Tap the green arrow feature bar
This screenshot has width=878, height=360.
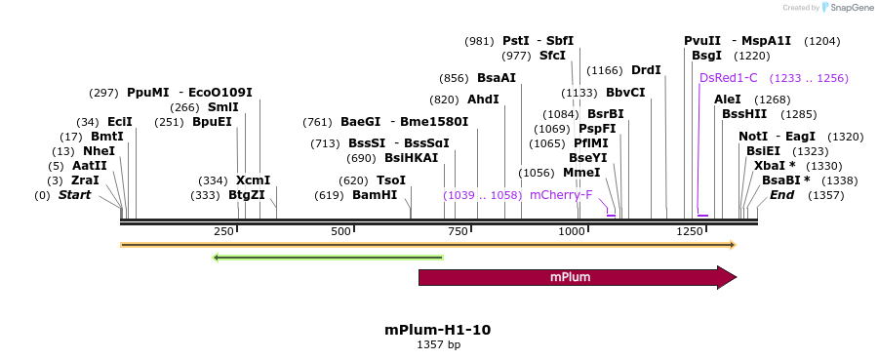pyautogui.click(x=328, y=258)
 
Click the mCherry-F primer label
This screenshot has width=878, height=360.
pyautogui.click(x=560, y=195)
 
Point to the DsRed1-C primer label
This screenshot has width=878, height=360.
pyautogui.click(x=729, y=78)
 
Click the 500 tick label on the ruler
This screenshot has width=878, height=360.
pyautogui.click(x=340, y=231)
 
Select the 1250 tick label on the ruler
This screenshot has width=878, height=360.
pyautogui.click(x=690, y=231)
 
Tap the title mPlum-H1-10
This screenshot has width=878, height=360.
pyautogui.click(x=438, y=330)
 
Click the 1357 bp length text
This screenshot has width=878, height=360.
pyautogui.click(x=438, y=344)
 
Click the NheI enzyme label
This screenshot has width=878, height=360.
pyautogui.click(x=99, y=151)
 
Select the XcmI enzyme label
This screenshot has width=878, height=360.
pyautogui.click(x=253, y=180)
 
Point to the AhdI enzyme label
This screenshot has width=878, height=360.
pyautogui.click(x=483, y=100)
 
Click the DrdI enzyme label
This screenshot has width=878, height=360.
pyautogui.click(x=646, y=70)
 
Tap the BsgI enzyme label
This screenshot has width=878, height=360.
pyautogui.click(x=705, y=57)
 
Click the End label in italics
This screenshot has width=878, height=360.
pyautogui.click(x=781, y=195)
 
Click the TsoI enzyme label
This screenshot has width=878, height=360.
pyautogui.click(x=391, y=180)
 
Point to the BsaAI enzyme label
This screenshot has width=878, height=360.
pyautogui.click(x=497, y=78)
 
